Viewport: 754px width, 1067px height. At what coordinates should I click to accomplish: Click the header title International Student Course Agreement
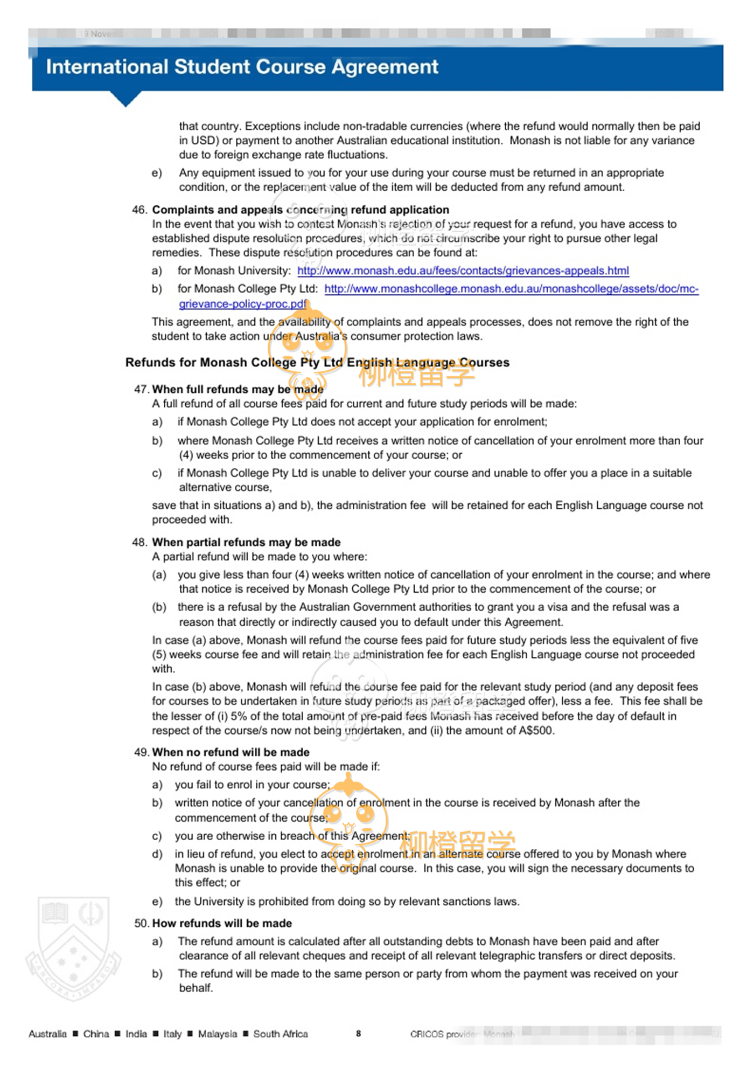(x=242, y=67)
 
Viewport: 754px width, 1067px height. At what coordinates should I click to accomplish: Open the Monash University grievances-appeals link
(x=463, y=271)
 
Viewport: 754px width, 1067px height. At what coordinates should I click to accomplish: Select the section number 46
(x=139, y=210)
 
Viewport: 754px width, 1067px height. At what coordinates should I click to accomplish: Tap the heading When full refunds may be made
(x=238, y=389)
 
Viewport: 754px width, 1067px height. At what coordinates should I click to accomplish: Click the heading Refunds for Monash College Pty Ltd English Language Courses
(x=317, y=362)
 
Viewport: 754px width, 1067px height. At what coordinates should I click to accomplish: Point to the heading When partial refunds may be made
(x=246, y=542)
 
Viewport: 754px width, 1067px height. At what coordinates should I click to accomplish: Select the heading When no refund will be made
(x=231, y=752)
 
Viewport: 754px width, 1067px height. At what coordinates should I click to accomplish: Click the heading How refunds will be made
(x=222, y=923)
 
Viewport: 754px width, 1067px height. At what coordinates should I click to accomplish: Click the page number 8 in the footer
(x=358, y=1033)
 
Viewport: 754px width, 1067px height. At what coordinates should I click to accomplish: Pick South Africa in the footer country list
(x=281, y=1034)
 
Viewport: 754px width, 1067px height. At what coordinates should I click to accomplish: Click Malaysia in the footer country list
(x=217, y=1034)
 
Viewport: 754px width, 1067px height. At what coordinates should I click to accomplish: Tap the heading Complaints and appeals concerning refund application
(x=301, y=210)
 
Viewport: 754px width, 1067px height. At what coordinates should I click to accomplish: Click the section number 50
(x=141, y=923)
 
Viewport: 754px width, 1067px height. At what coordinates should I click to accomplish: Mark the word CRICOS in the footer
(x=427, y=1034)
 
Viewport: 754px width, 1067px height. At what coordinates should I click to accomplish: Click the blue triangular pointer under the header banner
(x=125, y=99)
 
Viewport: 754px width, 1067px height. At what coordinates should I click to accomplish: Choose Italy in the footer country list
(x=172, y=1034)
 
